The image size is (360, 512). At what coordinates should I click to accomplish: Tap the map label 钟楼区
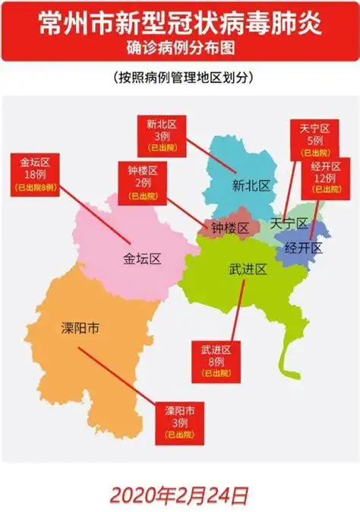pos(230,227)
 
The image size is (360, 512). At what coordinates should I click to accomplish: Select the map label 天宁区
pos(288,223)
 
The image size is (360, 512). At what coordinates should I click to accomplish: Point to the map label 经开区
pos(304,248)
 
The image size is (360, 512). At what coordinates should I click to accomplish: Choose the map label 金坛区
pos(142,259)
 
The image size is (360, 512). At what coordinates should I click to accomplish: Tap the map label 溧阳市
pos(81,329)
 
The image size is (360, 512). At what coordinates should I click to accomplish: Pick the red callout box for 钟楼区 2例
pos(137,182)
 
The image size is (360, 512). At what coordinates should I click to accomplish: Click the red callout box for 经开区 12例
pos(327,177)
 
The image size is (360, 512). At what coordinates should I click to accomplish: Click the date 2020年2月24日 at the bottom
pos(179,495)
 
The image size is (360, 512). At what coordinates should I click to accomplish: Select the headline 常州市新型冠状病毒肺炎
pos(179,22)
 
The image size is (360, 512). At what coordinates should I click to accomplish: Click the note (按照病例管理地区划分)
pos(179,78)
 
